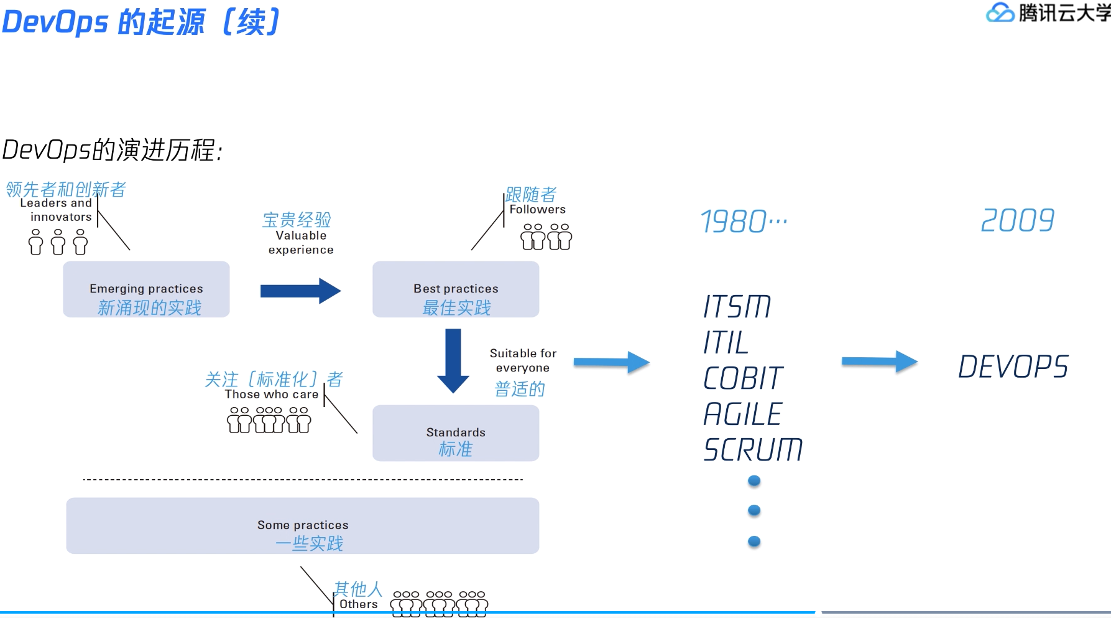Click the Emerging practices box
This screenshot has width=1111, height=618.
(146, 289)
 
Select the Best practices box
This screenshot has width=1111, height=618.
(456, 289)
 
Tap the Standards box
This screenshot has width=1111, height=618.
(456, 433)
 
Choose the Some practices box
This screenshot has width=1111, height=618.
(303, 526)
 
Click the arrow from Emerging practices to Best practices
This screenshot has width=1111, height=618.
(300, 291)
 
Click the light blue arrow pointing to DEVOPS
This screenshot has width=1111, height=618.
(879, 362)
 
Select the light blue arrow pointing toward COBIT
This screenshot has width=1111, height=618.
(611, 362)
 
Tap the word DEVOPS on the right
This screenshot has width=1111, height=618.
(1013, 367)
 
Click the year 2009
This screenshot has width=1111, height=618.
(1017, 220)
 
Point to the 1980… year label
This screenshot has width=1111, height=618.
(744, 222)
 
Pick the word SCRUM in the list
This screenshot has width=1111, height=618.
(753, 450)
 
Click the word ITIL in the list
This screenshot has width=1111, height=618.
(726, 342)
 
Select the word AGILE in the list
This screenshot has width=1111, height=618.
(742, 414)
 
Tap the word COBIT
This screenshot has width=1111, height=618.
(743, 378)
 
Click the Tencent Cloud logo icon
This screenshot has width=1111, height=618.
(1000, 12)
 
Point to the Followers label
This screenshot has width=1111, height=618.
(537, 210)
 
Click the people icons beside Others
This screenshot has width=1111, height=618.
(440, 603)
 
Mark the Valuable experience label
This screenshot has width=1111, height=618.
(301, 243)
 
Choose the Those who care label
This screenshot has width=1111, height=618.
(272, 395)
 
